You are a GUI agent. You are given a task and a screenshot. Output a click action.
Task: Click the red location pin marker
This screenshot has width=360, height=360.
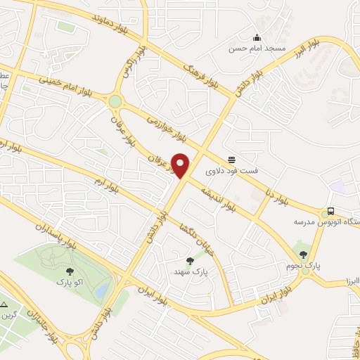(x=181, y=165)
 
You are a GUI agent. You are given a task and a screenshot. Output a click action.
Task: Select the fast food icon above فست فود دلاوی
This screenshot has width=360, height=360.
(x=231, y=159)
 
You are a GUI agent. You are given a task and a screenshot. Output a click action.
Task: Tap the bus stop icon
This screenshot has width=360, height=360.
(x=330, y=211)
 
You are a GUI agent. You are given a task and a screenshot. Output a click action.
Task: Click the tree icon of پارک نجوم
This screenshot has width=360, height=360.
(x=303, y=255)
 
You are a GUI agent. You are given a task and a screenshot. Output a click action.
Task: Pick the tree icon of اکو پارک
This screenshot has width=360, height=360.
(x=70, y=270)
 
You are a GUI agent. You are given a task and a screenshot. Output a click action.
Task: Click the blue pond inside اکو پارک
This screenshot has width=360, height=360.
(x=103, y=290)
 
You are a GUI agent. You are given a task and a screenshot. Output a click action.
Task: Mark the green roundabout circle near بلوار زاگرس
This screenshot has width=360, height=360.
(x=115, y=101)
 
